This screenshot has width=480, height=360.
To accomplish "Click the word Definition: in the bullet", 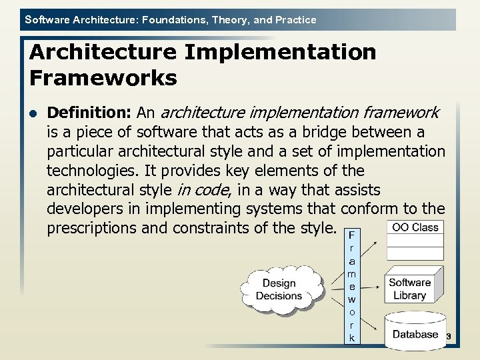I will click(x=91, y=113).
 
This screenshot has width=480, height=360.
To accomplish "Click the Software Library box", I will click(x=412, y=289).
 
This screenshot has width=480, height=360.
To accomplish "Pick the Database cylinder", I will click(x=415, y=331).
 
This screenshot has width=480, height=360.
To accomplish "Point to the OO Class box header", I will click(x=415, y=227).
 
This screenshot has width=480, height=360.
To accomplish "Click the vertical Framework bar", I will click(x=351, y=287).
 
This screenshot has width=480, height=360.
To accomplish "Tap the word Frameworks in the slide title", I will click(x=103, y=79).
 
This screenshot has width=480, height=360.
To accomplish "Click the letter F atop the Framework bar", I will click(x=351, y=235).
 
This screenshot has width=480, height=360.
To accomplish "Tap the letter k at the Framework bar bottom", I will click(x=351, y=339).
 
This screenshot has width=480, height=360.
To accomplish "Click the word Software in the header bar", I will click(x=47, y=20).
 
